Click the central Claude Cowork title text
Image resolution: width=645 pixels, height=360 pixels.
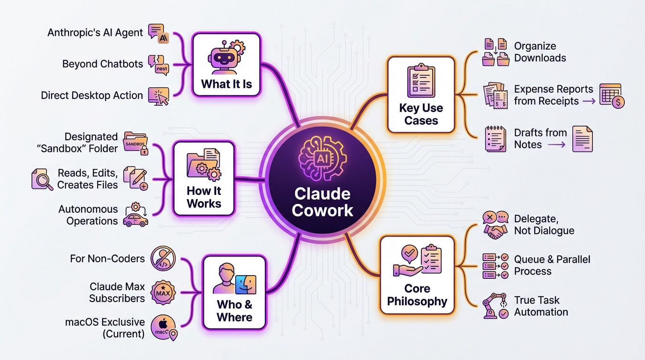point(322,202)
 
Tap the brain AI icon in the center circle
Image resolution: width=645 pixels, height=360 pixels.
point(322,159)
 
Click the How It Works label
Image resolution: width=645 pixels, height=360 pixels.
point(204,197)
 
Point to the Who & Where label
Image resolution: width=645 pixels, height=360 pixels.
point(234,311)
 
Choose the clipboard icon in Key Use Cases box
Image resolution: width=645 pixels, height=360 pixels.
point(420,81)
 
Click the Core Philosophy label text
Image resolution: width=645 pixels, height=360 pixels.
point(417,294)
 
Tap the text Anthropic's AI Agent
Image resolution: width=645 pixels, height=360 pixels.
point(95,32)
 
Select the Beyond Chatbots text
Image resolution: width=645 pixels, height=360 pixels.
point(103,64)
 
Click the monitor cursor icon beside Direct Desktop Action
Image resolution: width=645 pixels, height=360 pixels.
point(158,95)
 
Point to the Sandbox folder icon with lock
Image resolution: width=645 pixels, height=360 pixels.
point(135,142)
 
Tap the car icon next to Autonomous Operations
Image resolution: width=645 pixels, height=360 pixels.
point(135,219)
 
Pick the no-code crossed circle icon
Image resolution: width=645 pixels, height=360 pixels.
point(163,259)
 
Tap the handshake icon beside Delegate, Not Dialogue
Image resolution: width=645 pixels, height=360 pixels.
point(495,230)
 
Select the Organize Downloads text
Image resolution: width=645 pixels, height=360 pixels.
point(540,52)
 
